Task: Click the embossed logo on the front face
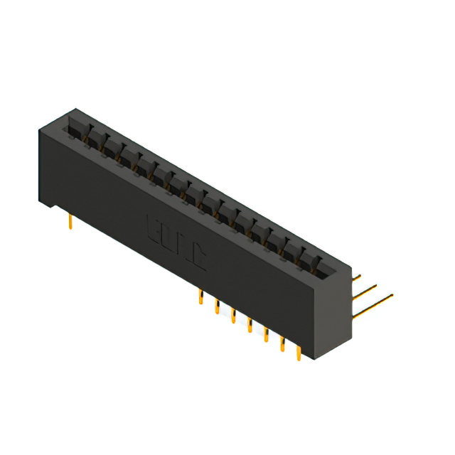(176, 241)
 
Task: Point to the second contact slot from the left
(93, 138)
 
